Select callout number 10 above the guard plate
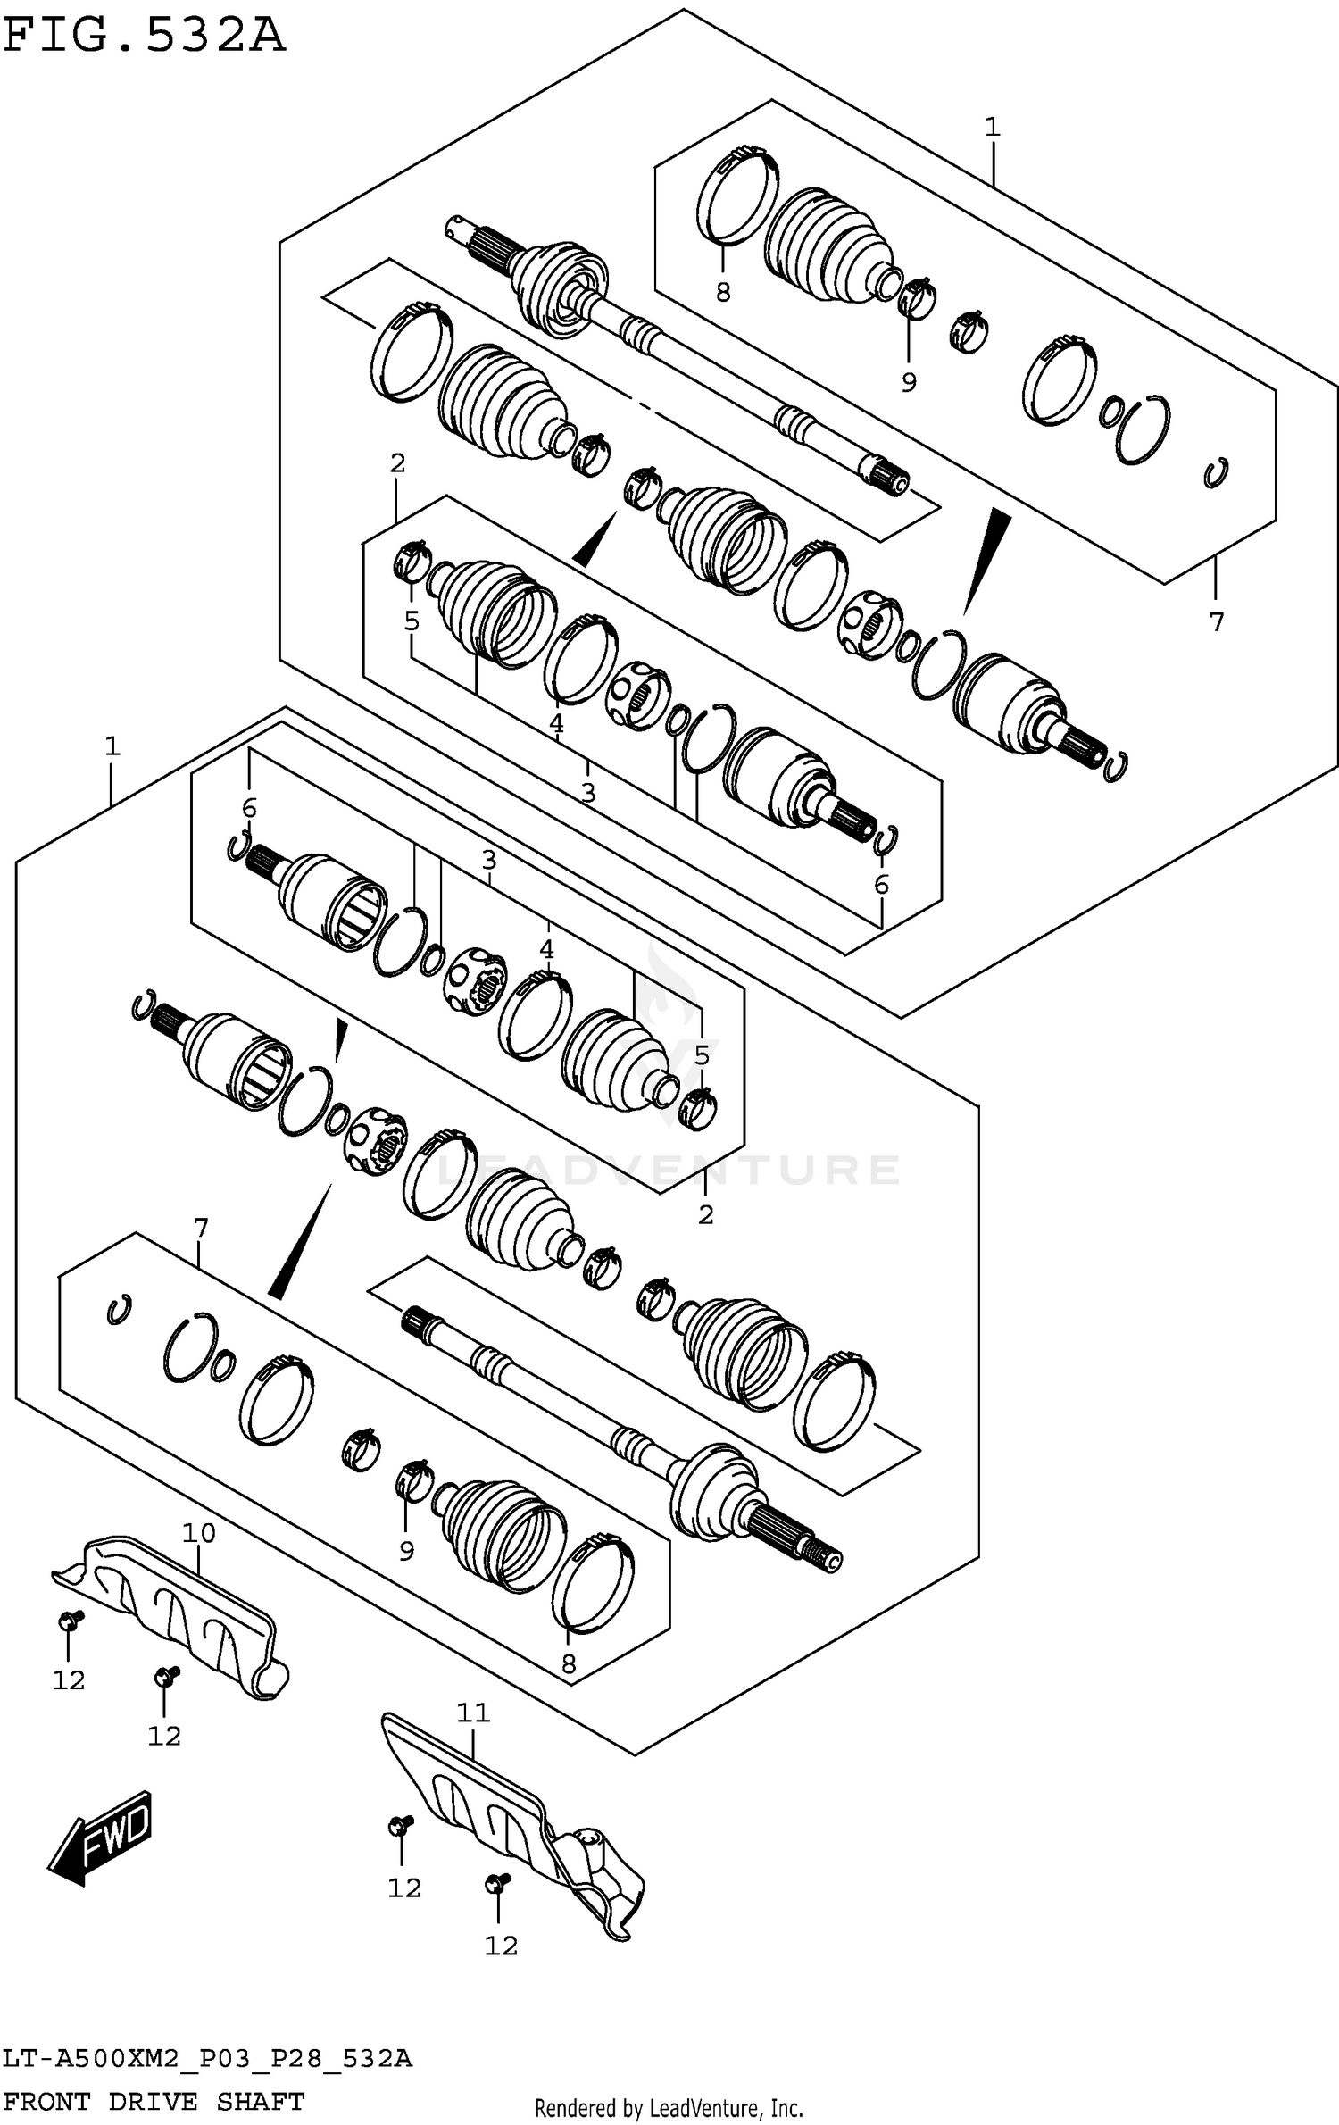point(198,1533)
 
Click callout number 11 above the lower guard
point(473,1712)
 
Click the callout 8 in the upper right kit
point(723,292)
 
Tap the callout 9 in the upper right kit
point(909,383)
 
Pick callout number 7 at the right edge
point(1217,621)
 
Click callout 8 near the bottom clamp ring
point(569,1663)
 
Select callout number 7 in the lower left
point(200,1229)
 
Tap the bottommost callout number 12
point(501,1945)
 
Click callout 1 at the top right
point(993,128)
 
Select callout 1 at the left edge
point(112,746)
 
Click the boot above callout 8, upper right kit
point(826,241)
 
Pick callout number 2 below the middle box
point(705,1215)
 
